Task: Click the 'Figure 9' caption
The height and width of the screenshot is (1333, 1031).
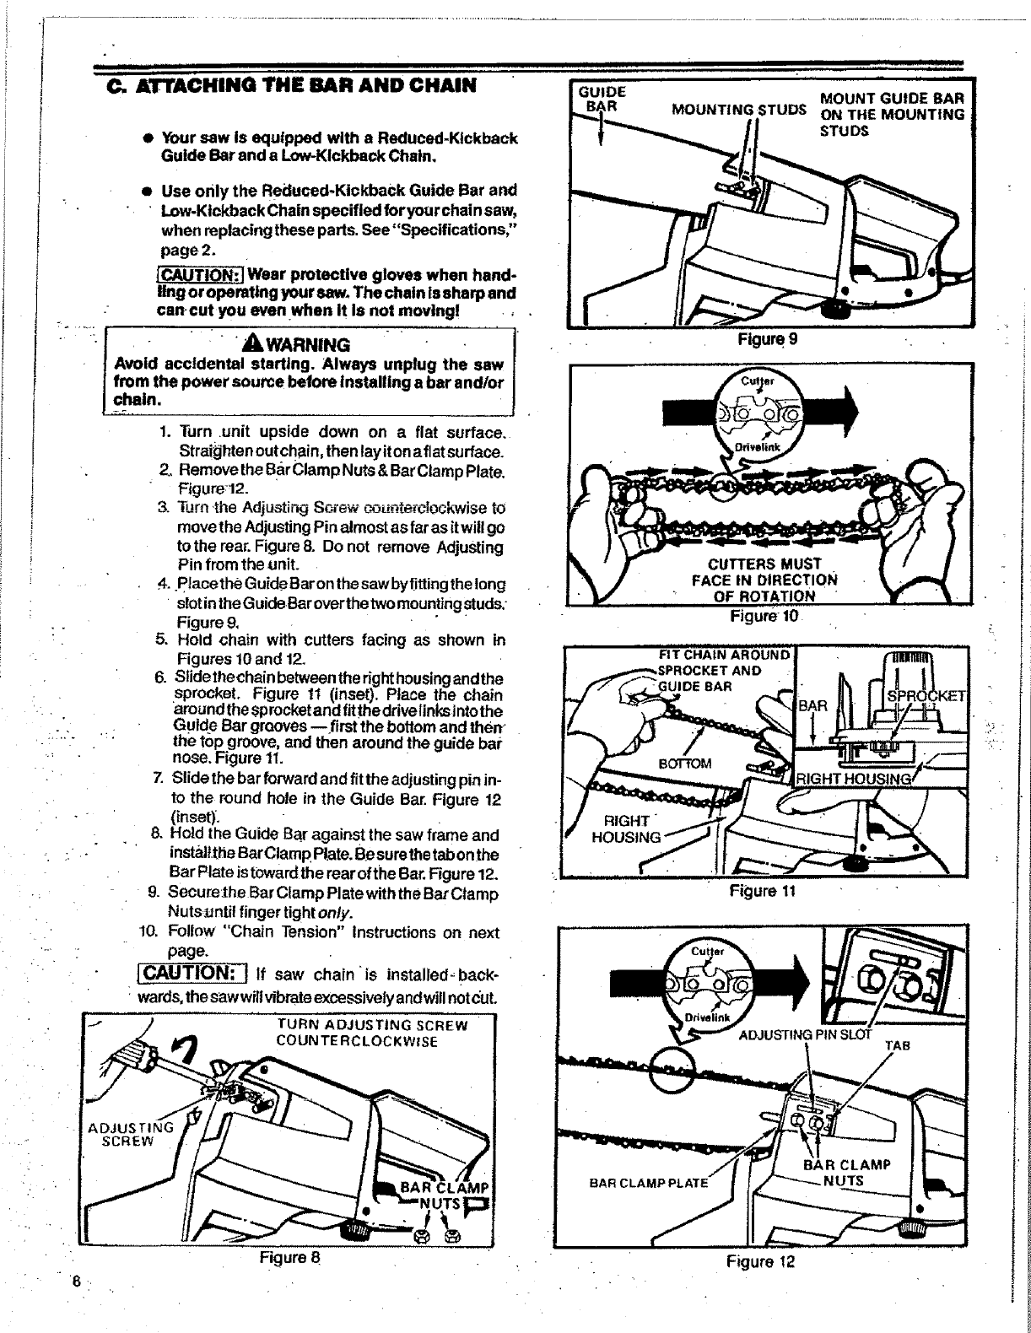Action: (x=767, y=339)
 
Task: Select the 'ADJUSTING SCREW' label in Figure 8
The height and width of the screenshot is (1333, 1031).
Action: (x=132, y=1134)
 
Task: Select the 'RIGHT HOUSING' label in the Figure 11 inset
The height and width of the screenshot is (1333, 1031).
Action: (x=854, y=780)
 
